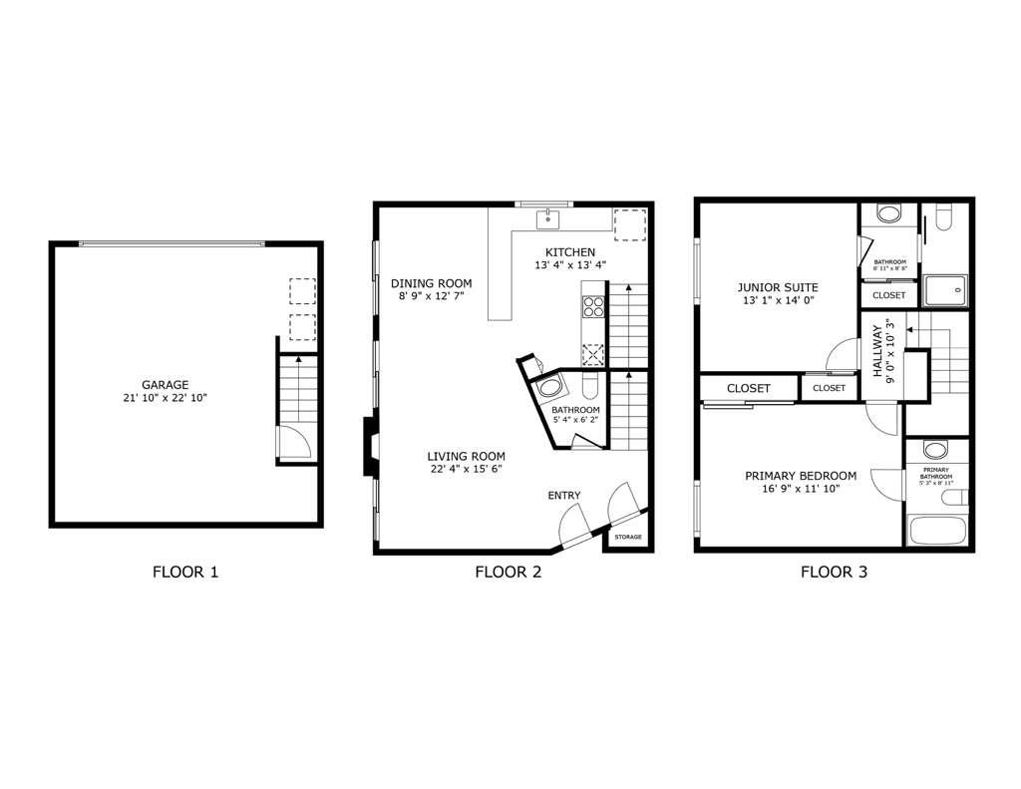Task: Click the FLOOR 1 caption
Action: coord(184,573)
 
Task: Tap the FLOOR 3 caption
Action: coord(834,573)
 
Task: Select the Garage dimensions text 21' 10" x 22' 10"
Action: coord(165,398)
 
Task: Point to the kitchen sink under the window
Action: coord(548,219)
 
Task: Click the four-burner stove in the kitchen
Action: coord(593,305)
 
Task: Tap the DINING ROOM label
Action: coord(431,283)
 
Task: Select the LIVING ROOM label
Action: coord(467,456)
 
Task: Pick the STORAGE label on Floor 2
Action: coord(627,538)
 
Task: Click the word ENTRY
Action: coord(563,496)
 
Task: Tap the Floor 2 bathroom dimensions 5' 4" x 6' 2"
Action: coord(575,421)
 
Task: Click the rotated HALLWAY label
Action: coord(878,350)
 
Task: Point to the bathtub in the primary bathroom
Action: coord(936,530)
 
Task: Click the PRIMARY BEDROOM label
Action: coord(801,476)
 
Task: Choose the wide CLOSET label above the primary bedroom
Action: coord(748,388)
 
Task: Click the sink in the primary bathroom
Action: coord(935,450)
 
